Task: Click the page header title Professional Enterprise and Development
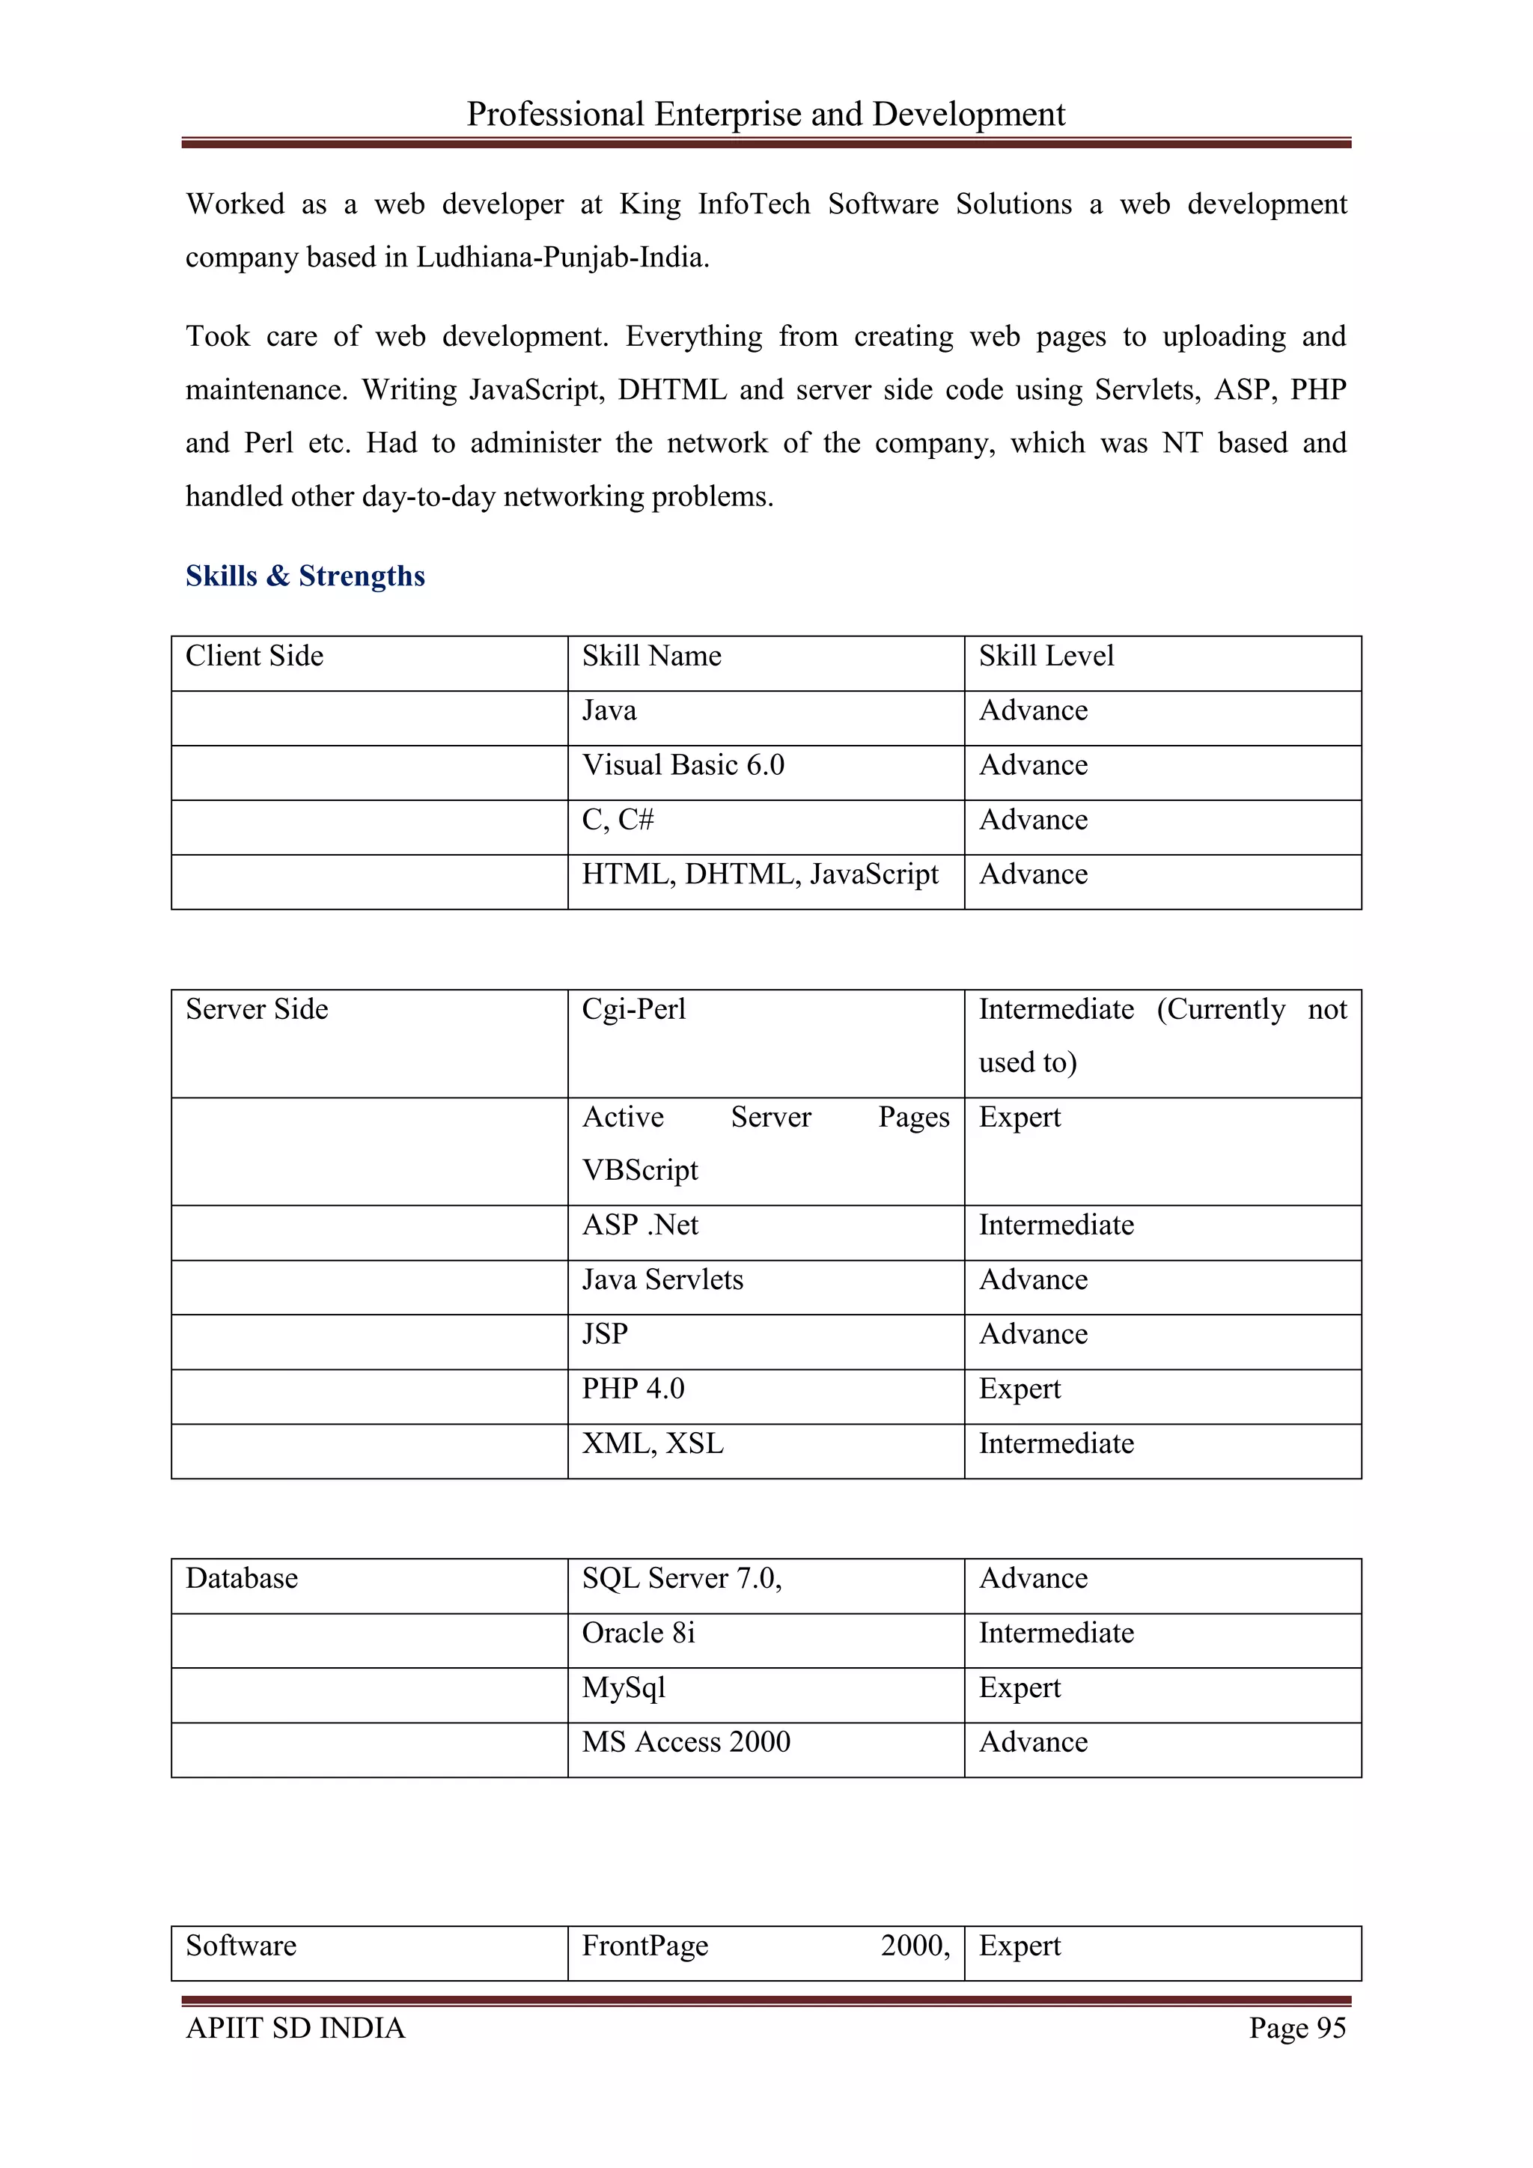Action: (x=766, y=115)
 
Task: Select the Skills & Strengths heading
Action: (x=305, y=576)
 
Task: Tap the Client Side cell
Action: (x=254, y=657)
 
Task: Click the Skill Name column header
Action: (x=651, y=657)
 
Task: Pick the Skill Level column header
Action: (x=1046, y=657)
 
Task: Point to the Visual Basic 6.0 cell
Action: (x=683, y=765)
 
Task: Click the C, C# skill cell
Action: (x=618, y=820)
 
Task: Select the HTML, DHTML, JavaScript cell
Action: (x=760, y=874)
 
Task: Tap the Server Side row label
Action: (x=257, y=1009)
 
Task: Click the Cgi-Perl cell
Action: (x=633, y=1009)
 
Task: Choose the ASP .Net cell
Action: (x=640, y=1225)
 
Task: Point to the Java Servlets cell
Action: (x=662, y=1279)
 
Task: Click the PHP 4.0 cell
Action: (x=633, y=1388)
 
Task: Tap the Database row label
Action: (x=242, y=1578)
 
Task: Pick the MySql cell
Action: (x=624, y=1687)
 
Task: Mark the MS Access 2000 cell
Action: (x=686, y=1742)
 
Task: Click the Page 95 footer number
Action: (x=1297, y=2027)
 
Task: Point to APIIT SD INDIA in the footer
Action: (x=296, y=2027)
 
